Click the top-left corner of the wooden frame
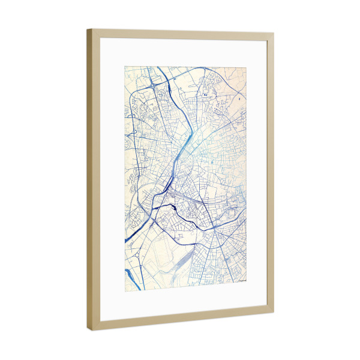coord(88,29)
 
